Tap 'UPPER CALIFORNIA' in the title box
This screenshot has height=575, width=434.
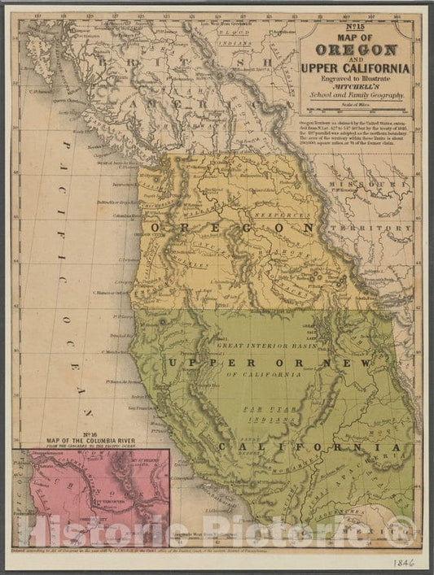355,68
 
